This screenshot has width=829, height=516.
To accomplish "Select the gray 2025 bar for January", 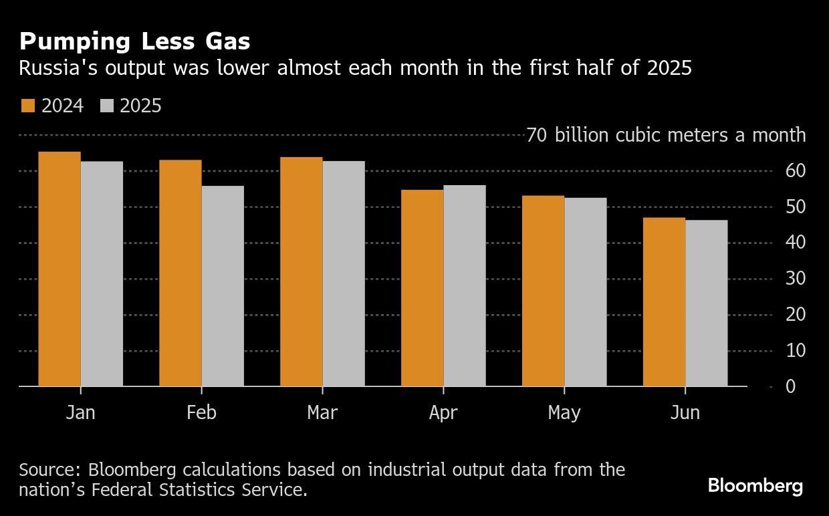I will [102, 273].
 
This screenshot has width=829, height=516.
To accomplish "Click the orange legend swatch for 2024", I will [28, 106].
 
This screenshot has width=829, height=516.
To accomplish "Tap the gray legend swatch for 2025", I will [107, 106].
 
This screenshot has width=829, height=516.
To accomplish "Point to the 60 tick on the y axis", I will [796, 171].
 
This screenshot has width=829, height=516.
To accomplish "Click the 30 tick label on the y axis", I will [796, 279].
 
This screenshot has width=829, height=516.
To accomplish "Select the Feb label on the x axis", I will [201, 412].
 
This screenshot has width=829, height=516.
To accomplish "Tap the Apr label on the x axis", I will [443, 413].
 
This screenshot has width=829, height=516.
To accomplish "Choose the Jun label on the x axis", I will [685, 412].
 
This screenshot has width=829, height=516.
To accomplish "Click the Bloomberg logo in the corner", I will [755, 485].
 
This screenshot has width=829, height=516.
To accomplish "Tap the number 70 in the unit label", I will [536, 135].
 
